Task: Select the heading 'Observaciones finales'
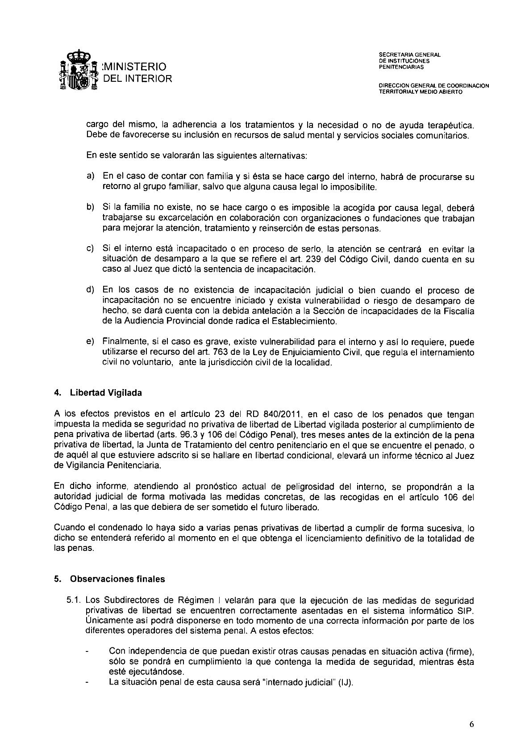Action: (117, 579)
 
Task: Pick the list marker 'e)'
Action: (90, 342)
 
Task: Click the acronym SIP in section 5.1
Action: (467, 611)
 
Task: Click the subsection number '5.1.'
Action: (74, 601)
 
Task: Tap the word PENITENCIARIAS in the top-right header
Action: (401, 67)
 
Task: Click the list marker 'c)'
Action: (90, 249)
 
